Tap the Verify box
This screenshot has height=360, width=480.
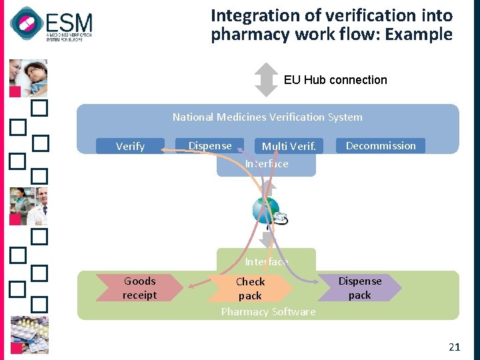coord(130,146)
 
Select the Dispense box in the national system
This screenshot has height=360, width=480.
coord(210,146)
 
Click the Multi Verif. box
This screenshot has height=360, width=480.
coord(288,146)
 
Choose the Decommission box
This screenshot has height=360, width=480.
coord(381,145)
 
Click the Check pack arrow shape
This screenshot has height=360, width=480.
coord(251,288)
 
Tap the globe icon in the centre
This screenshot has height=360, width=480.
coord(266,210)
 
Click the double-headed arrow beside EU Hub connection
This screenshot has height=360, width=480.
coord(267,80)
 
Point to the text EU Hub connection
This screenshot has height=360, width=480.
coord(335,80)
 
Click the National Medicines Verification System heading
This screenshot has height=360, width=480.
coord(267,117)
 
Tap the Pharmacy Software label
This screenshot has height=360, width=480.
coord(268,312)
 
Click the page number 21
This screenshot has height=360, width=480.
coord(455,347)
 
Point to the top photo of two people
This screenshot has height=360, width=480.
coord(28,77)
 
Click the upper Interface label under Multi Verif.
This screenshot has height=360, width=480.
coord(267,164)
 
